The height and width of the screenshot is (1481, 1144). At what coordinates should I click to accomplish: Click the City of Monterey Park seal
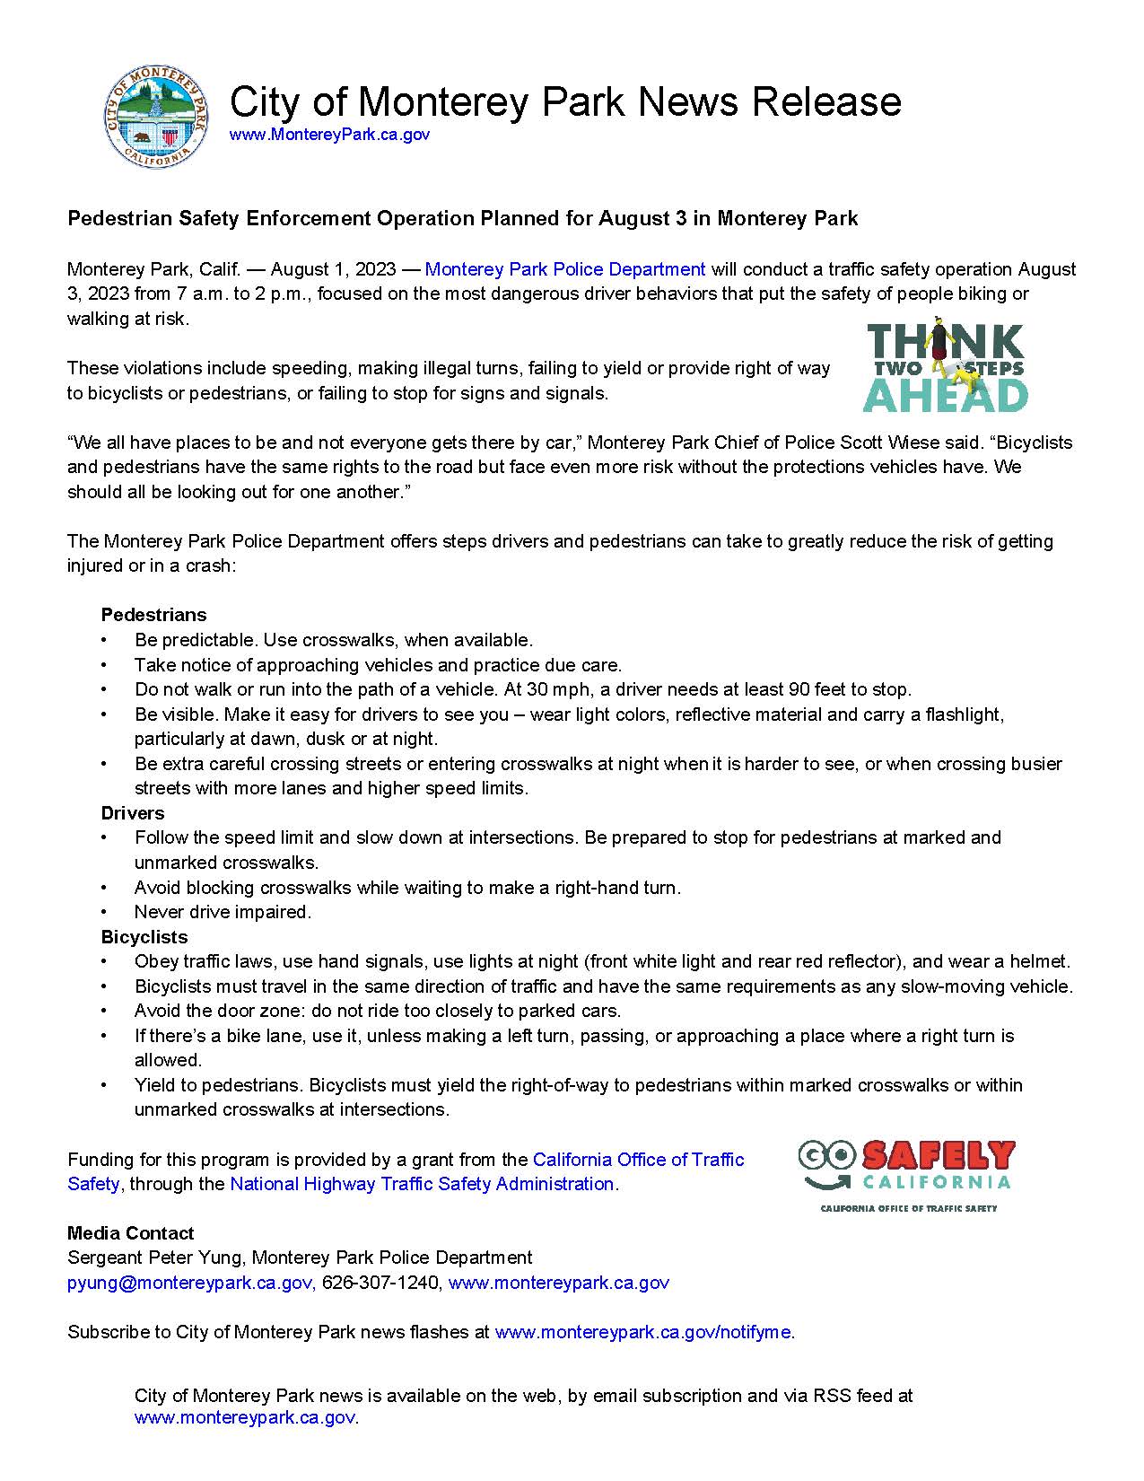158,118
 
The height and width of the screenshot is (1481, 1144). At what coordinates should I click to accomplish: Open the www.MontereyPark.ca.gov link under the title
329,135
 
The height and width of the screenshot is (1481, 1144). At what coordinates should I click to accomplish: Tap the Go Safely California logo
906,1174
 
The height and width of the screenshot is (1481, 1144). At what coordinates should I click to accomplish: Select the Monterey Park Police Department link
565,269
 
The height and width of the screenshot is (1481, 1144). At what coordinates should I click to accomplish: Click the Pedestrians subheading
153,615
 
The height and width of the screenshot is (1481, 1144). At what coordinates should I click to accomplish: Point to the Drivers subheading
133,813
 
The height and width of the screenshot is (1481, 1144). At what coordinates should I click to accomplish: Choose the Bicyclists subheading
144,937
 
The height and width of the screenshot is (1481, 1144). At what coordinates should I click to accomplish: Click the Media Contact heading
131,1233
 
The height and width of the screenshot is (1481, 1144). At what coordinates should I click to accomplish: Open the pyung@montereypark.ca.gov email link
189,1283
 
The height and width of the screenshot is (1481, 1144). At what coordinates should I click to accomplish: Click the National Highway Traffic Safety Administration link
422,1184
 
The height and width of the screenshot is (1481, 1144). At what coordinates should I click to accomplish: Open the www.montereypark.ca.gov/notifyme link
642,1332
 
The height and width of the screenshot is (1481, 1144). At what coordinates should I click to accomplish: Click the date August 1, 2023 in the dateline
333,269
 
